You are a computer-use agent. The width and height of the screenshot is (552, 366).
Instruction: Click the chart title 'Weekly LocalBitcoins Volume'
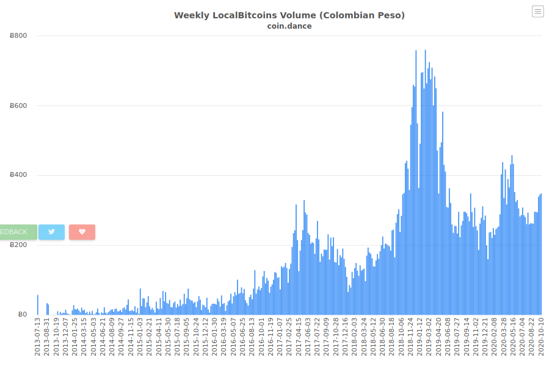click(240, 15)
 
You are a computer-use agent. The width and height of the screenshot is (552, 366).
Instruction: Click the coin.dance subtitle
click(289, 26)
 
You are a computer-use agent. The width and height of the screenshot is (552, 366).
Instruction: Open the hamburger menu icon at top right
click(537, 12)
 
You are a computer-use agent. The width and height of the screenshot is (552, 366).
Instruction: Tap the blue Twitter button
click(51, 232)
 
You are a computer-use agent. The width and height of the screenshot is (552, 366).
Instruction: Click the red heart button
click(82, 232)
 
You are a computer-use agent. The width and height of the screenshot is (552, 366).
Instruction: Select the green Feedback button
click(18, 232)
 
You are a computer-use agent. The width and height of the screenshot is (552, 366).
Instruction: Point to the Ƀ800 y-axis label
click(18, 35)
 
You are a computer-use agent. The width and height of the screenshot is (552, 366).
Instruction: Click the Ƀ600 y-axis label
click(18, 106)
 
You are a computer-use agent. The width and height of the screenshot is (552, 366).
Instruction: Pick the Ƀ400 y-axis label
click(18, 174)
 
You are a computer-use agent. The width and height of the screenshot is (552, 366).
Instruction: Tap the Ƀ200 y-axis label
click(18, 245)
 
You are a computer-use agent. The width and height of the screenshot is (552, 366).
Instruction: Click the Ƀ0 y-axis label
click(22, 314)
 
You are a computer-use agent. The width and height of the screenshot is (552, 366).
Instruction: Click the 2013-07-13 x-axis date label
click(37, 337)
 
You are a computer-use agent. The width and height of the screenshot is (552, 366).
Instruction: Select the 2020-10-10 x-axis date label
click(541, 337)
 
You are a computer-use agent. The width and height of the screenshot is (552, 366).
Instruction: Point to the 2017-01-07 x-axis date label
click(280, 337)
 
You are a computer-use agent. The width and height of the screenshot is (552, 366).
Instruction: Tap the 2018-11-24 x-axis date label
click(410, 337)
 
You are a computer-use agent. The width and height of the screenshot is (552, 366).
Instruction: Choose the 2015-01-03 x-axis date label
click(140, 337)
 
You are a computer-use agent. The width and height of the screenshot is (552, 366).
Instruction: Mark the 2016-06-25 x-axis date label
click(242, 337)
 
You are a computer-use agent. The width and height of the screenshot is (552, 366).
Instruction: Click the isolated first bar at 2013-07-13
click(38, 305)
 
